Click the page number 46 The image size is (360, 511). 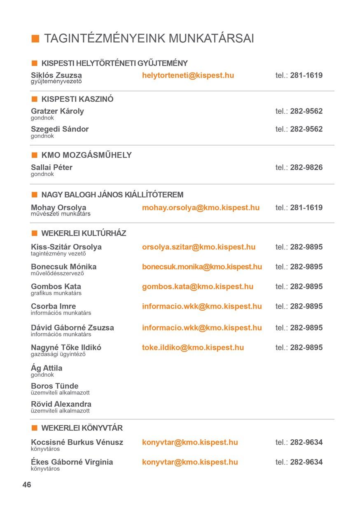tap(27, 485)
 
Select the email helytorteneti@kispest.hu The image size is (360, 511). tap(188, 75)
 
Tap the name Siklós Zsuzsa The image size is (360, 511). tap(56, 75)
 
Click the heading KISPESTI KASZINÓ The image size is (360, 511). tap(77, 99)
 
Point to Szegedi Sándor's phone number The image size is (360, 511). tap(306, 129)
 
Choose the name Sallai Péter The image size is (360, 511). tap(51, 167)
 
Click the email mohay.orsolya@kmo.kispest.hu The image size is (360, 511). tap(201, 208)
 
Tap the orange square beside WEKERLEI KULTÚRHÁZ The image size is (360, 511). tap(35, 233)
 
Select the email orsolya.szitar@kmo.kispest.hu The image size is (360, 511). tap(199, 247)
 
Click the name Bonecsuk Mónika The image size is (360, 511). tap(63, 267)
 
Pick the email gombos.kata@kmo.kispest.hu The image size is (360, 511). tap(198, 286)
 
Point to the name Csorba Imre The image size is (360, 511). tap(53, 306)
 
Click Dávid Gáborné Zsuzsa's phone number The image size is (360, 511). tap(306, 328)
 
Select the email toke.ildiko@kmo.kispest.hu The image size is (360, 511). tap(193, 347)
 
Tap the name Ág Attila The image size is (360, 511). tap(47, 368)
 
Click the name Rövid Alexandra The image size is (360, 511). tap(61, 404)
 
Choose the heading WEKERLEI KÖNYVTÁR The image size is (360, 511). tap(82, 428)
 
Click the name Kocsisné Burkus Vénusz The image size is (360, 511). tap(77, 442)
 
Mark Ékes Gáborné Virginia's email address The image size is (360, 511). tap(190, 462)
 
